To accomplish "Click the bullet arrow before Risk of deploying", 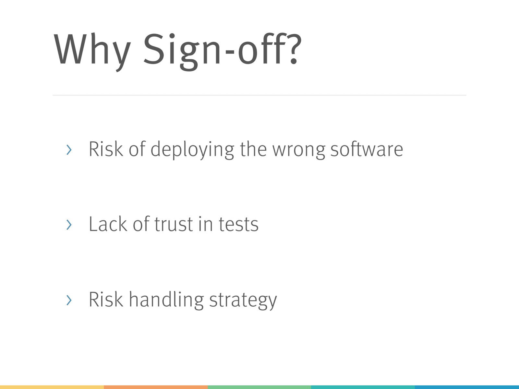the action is (69, 150).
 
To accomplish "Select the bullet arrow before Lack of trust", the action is (69, 225).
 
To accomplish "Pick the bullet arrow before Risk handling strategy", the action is (69, 300).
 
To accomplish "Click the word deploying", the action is (192, 150).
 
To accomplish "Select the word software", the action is (367, 149).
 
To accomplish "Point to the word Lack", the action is (108, 224).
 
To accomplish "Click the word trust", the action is (174, 224).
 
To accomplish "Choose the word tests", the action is (238, 225).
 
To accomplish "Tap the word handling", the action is (166, 300).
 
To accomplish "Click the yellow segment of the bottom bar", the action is (52, 387).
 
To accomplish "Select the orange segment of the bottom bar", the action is (156, 387).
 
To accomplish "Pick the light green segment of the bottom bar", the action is (259, 387).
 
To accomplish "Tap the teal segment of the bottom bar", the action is (363, 387).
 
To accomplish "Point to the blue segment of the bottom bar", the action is (467, 387).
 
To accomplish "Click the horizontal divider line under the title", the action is (259, 95).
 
